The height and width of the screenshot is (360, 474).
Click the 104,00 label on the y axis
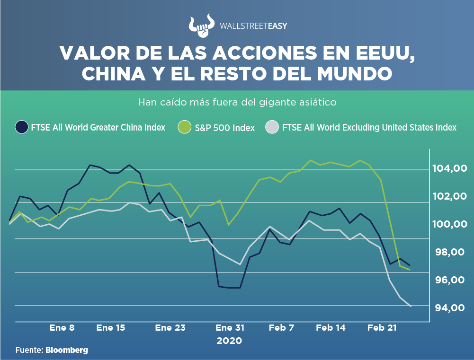pyautogui.click(x=451, y=168)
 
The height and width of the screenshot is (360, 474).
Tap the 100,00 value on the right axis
pyautogui.click(x=451, y=224)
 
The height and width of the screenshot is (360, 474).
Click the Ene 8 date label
pyautogui.click(x=62, y=328)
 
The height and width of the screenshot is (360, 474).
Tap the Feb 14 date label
pyautogui.click(x=331, y=328)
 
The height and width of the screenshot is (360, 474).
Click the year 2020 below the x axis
pyautogui.click(x=229, y=341)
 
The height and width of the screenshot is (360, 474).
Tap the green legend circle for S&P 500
pyautogui.click(x=184, y=127)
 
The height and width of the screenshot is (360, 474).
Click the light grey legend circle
pyautogui.click(x=271, y=127)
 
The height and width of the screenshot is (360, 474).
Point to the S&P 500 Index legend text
pyautogui.click(x=224, y=128)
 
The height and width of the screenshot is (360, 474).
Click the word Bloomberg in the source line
pyautogui.click(x=67, y=350)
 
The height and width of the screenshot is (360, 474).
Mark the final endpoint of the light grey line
pyautogui.click(x=411, y=307)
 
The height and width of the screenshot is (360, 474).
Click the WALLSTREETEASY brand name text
pyautogui.click(x=253, y=26)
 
